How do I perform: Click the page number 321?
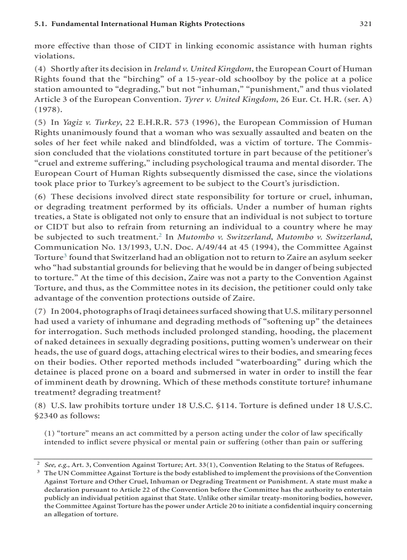tap(366, 23)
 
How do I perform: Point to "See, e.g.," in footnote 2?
tap(57, 464)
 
